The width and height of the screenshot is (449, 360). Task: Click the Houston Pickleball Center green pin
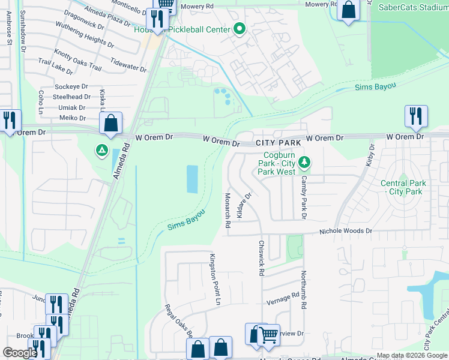(240, 29)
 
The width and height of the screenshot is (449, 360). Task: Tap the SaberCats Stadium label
(414, 7)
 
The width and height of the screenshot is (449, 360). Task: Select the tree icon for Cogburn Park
(305, 161)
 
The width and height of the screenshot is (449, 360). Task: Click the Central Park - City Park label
(402, 187)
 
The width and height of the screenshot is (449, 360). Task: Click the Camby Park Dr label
(304, 197)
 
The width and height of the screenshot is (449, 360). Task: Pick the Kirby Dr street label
(370, 154)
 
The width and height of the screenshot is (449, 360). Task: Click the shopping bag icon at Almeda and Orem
(111, 124)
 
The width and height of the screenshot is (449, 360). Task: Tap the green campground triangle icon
(103, 149)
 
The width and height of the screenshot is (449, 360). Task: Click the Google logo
(20, 353)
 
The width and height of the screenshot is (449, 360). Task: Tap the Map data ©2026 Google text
(411, 355)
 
